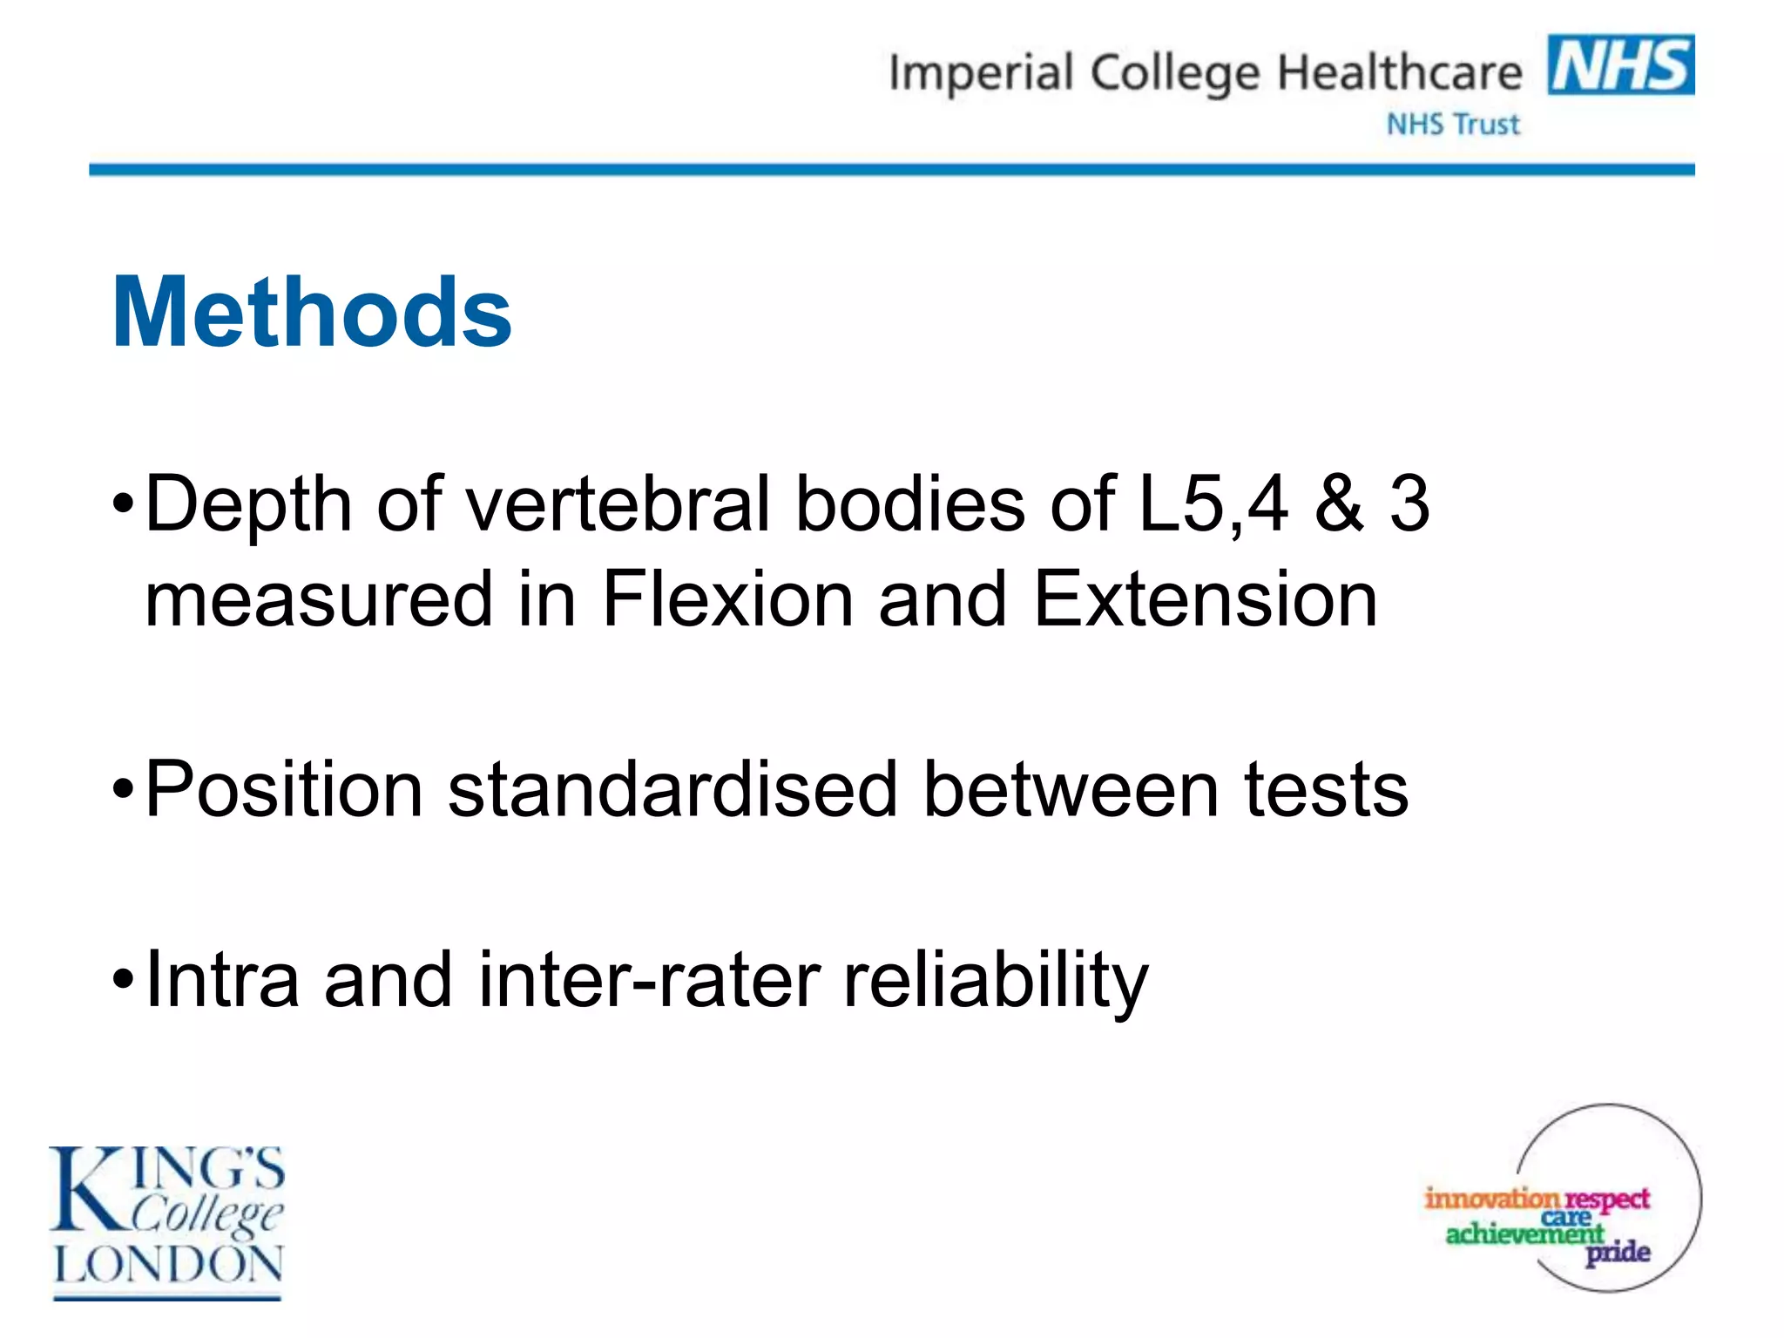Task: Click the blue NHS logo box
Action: (x=1620, y=64)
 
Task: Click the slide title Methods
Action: (x=312, y=312)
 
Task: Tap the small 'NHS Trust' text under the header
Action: (x=1453, y=125)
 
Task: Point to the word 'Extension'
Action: (x=1206, y=599)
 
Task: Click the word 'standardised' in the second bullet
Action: (x=672, y=789)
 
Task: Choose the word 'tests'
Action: (x=1326, y=791)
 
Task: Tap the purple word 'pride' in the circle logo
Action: (x=1618, y=1254)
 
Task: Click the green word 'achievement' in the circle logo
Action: (x=1524, y=1233)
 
